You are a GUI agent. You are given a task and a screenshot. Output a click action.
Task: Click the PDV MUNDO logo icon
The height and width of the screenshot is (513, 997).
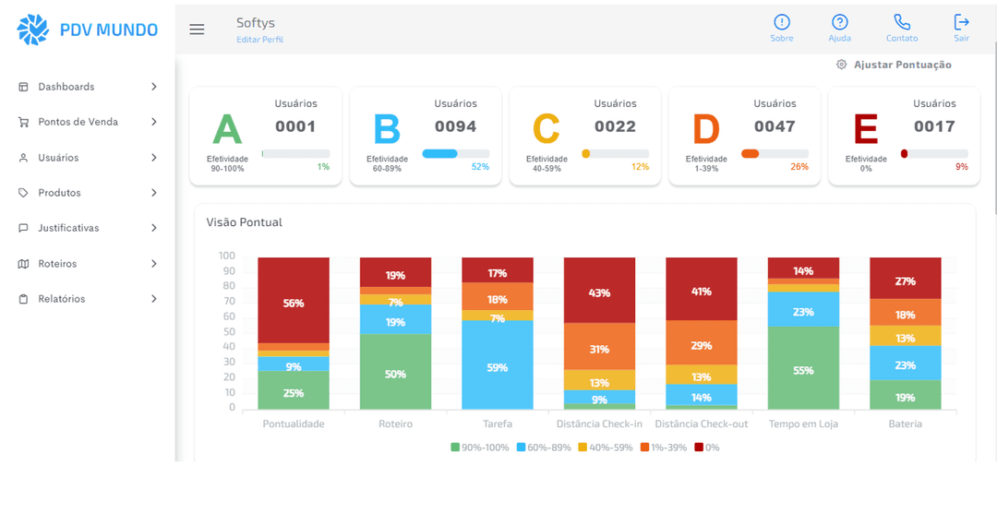(x=33, y=30)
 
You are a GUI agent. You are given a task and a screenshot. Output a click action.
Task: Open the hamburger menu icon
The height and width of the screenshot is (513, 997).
(x=197, y=30)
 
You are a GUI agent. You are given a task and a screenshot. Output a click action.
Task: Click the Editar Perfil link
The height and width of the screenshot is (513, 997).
(x=259, y=40)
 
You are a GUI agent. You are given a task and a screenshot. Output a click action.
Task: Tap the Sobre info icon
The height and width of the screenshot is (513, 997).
(x=781, y=23)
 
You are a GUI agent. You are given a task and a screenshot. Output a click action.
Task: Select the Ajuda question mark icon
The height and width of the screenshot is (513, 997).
(x=839, y=23)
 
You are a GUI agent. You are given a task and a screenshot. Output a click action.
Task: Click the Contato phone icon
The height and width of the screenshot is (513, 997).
(x=901, y=23)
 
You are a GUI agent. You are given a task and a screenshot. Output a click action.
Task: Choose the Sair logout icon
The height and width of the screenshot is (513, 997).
(x=961, y=22)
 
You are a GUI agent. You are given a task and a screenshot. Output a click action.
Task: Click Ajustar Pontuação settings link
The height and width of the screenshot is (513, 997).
(x=893, y=65)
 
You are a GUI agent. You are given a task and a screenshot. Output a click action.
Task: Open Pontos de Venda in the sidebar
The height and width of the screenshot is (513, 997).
(x=78, y=122)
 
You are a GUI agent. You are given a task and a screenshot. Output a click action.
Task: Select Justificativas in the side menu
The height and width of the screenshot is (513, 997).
(x=68, y=228)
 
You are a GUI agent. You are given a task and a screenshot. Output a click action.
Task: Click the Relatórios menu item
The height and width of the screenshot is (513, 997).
(x=61, y=299)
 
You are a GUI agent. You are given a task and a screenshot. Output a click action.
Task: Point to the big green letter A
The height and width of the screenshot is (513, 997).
(x=227, y=130)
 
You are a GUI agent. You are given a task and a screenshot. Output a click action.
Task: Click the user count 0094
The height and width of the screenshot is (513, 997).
(x=455, y=126)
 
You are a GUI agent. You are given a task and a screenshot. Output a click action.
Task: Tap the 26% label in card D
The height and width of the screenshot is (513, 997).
(x=799, y=167)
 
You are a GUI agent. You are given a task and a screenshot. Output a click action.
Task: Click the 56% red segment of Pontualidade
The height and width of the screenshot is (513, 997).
(x=294, y=303)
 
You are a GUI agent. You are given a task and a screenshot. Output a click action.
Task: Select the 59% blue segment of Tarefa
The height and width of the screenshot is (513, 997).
(x=497, y=367)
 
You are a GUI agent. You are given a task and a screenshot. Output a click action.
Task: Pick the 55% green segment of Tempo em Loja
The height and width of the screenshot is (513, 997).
(x=803, y=370)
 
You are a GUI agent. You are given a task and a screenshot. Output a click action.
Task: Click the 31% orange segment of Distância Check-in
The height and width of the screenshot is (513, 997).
(x=599, y=349)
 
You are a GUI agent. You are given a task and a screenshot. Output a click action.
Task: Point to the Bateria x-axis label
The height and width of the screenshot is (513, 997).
(x=905, y=424)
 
